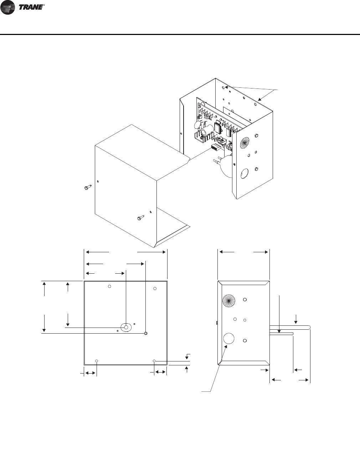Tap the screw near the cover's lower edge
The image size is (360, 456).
click(x=140, y=217)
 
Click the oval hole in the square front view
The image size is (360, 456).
click(x=125, y=327)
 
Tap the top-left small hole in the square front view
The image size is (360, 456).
click(x=110, y=286)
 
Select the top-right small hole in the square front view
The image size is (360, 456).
click(x=155, y=288)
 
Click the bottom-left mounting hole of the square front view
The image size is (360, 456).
click(x=97, y=361)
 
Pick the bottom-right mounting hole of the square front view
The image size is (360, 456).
click(x=154, y=361)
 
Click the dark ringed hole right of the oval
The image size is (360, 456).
click(x=145, y=333)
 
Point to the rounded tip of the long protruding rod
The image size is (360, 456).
click(x=309, y=327)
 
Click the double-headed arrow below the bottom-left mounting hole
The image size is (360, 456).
click(x=90, y=373)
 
